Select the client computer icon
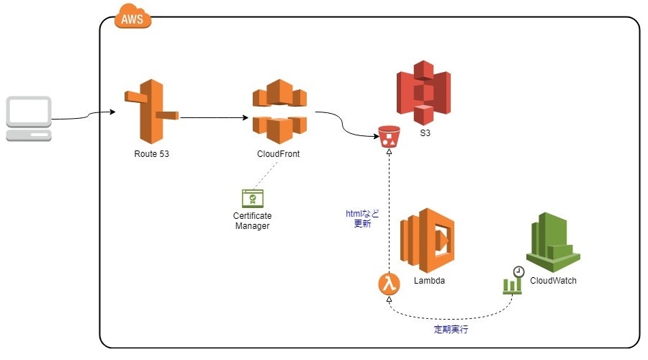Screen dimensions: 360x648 coord(29,119)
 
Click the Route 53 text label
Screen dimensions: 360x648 coord(152,154)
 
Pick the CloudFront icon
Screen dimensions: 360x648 coord(279,112)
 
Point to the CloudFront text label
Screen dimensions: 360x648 coord(279,154)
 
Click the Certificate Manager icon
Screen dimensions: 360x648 coord(252,199)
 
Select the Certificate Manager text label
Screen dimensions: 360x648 coord(252,221)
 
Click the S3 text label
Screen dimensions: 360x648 coord(425,134)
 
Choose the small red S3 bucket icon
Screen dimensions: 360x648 coord(389,136)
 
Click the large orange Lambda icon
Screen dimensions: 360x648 coord(428,240)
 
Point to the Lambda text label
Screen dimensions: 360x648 coord(429,281)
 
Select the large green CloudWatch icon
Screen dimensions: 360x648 coord(553,240)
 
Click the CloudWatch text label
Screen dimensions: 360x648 coord(553,281)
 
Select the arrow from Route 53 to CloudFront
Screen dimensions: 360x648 coord(215,116)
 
